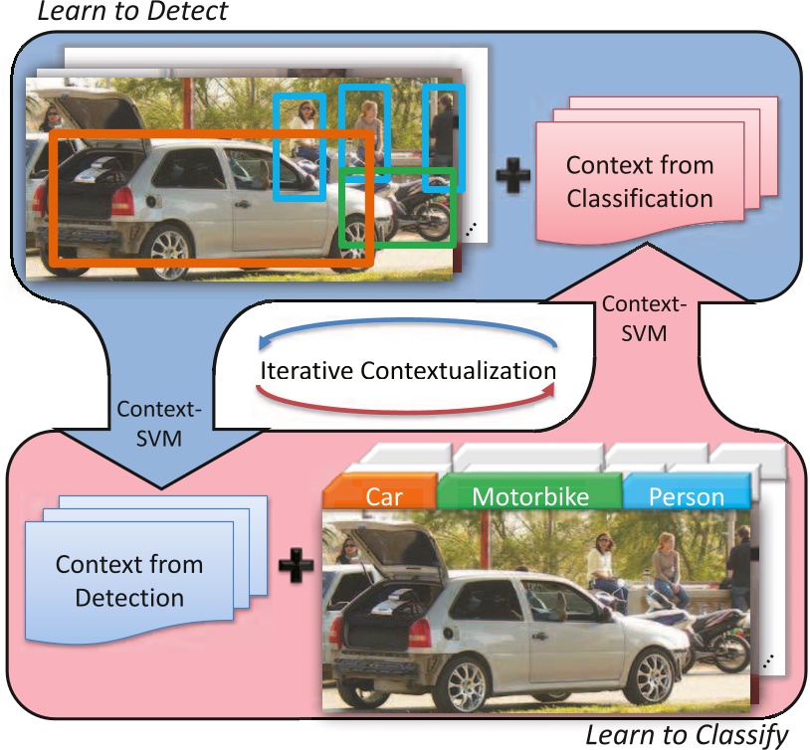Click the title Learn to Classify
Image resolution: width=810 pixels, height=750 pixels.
(x=687, y=735)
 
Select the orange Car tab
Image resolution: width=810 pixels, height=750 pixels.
(x=382, y=495)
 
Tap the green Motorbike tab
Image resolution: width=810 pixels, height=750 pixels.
(x=529, y=495)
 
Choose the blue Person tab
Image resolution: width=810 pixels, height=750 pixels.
(x=686, y=495)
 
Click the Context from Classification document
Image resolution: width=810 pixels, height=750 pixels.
(x=640, y=180)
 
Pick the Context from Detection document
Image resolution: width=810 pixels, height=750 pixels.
(x=128, y=580)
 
